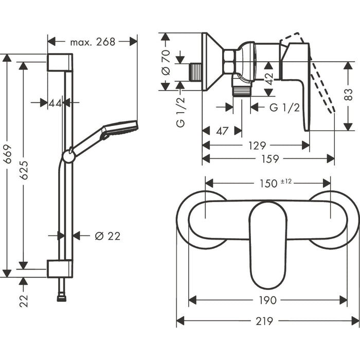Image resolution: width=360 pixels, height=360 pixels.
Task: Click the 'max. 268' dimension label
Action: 93,42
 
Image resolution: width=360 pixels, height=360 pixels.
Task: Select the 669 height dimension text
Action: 8,154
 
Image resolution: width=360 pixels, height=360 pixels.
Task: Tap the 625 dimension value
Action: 24,170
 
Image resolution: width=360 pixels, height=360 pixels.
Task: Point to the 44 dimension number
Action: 55,103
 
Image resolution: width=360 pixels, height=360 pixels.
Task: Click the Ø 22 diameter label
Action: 107,236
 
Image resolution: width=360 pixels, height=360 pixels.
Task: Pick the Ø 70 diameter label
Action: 166,62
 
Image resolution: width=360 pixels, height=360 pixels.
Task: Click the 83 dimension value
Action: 349,95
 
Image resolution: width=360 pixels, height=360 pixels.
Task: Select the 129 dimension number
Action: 257,146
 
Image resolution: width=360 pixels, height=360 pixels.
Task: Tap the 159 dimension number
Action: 270,159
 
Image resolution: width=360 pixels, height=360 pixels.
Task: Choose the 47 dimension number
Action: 222,131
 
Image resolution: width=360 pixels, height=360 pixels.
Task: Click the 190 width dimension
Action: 268,300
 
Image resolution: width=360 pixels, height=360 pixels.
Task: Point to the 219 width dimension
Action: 264,321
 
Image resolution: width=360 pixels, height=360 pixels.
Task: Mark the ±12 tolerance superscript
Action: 286,182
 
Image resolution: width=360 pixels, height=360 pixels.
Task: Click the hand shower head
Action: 119,128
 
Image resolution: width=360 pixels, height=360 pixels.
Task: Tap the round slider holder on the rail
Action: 68,156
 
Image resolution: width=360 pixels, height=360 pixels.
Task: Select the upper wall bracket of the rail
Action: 60,62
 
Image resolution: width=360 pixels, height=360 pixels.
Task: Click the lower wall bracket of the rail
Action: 60,268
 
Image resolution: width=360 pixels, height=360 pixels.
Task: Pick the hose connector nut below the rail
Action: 62,299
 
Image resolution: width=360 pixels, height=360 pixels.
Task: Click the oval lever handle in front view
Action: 268,245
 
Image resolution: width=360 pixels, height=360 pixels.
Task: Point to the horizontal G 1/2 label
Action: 285,107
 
